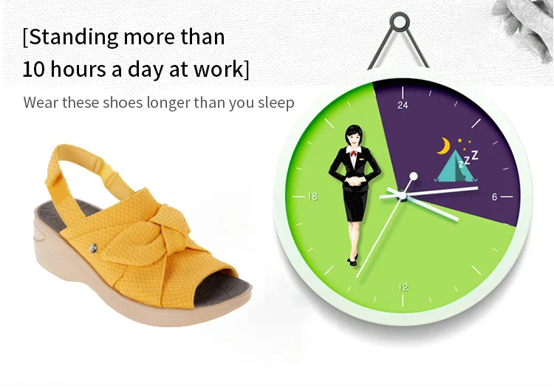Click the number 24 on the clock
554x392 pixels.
[403, 106]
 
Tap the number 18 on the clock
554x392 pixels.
[312, 196]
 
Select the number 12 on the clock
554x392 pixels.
[403, 286]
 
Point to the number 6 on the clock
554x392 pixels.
[494, 196]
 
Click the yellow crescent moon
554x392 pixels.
[444, 146]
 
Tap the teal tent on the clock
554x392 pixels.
[454, 166]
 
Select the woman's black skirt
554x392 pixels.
[355, 204]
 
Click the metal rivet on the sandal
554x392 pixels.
[93, 248]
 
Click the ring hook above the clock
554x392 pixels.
[400, 22]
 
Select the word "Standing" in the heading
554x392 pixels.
[73, 37]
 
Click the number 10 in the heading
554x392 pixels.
[33, 69]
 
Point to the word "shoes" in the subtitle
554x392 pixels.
[123, 103]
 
